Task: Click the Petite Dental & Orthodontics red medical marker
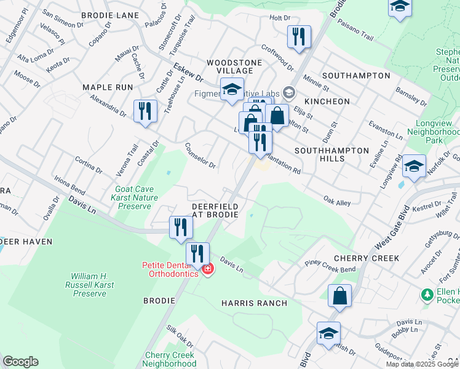(208, 269)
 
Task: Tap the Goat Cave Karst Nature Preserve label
(137, 198)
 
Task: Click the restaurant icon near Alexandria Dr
(145, 111)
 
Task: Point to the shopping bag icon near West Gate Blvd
(339, 296)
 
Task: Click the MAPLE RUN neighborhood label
(108, 87)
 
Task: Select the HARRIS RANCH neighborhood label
(254, 303)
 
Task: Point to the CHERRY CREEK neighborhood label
(366, 258)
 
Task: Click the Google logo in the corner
(20, 362)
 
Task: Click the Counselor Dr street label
(200, 156)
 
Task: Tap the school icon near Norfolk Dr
(414, 167)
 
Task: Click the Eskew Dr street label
(188, 72)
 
